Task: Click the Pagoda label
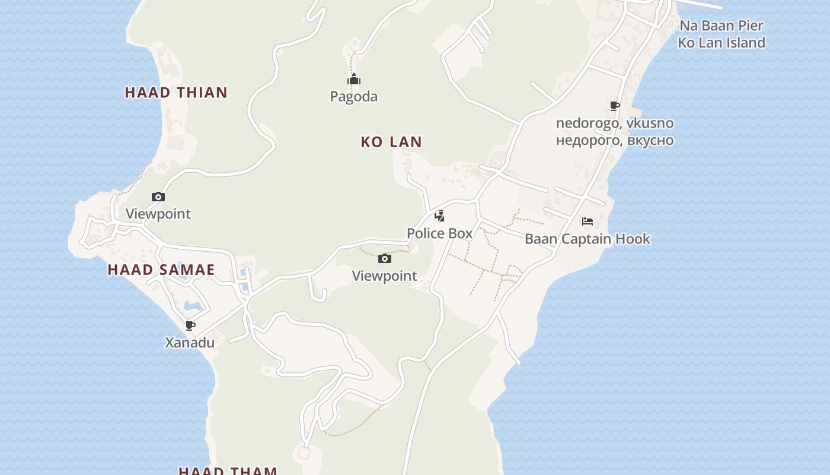[353, 96]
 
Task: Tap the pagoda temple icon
[354, 80]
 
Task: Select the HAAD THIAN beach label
[176, 93]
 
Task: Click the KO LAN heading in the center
[391, 142]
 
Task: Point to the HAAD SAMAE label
[161, 270]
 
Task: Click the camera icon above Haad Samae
[158, 197]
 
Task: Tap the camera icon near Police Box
[385, 258]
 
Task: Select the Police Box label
[439, 233]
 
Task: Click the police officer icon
[439, 216]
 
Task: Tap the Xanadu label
[190, 343]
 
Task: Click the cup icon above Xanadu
[190, 325]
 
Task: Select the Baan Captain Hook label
[587, 239]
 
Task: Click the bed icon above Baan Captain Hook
[588, 221]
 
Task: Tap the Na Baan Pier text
[721, 26]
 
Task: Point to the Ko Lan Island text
[721, 43]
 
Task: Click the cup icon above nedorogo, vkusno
[615, 106]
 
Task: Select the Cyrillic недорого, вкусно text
[614, 141]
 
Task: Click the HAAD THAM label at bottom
[228, 471]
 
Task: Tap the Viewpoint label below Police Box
[384, 275]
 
